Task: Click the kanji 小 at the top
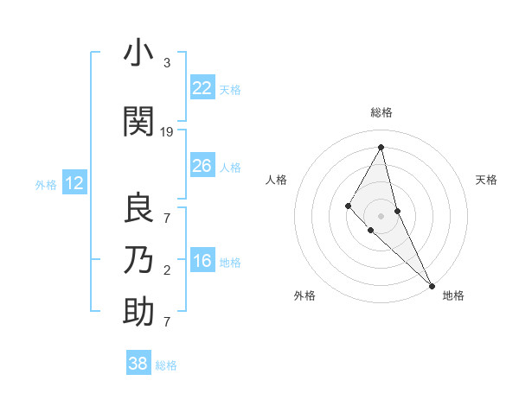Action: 138,54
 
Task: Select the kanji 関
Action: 138,122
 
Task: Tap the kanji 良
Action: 138,208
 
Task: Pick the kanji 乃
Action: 138,260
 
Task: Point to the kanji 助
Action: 138,312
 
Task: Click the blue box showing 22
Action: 202,87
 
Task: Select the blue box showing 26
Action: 202,165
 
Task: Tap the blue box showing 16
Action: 202,261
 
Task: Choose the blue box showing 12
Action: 74,183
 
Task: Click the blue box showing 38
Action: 138,364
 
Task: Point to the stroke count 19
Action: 167,132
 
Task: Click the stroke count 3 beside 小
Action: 167,63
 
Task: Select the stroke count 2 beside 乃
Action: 167,270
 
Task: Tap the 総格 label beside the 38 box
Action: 166,365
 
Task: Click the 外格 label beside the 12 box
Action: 46,184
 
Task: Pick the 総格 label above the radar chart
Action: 381,112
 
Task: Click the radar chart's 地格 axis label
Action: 453,295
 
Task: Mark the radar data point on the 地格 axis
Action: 431,284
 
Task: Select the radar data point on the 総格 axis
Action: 381,147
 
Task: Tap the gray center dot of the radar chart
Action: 381,215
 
